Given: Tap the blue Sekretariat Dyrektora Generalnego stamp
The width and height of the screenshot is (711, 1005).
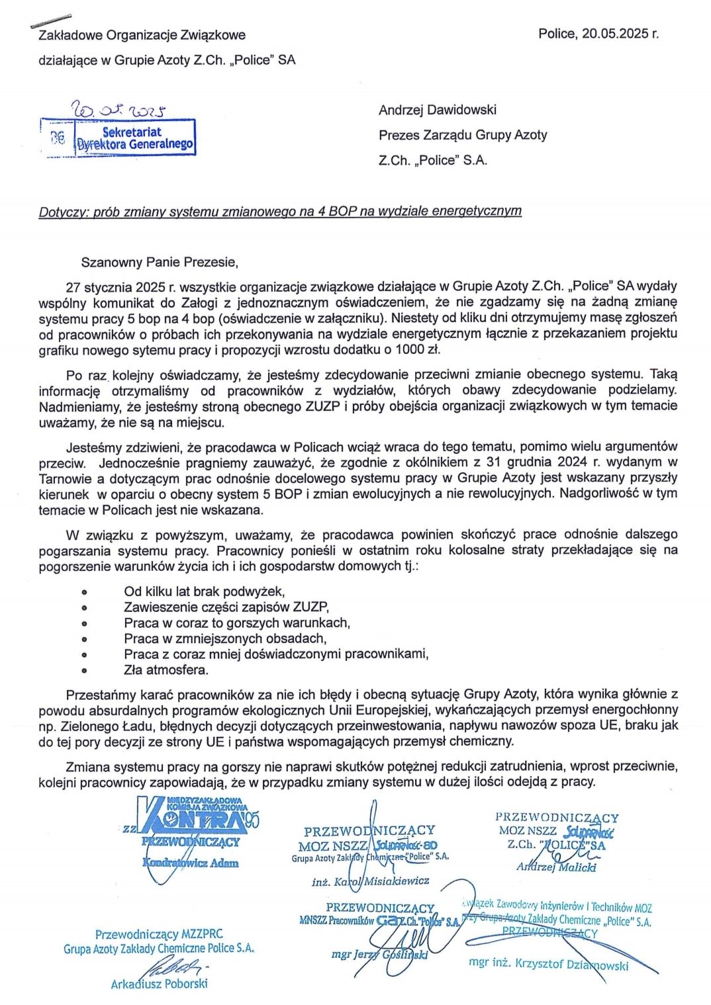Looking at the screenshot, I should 136,138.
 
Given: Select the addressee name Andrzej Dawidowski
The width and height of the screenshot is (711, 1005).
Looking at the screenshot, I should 437,110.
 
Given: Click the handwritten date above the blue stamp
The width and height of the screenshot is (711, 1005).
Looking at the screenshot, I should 121,109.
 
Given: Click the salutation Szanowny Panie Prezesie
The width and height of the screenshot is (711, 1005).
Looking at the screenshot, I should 159,262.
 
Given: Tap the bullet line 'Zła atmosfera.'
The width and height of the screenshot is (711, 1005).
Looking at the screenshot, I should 166,670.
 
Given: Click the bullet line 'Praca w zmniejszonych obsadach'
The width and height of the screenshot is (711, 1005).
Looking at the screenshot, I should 224,638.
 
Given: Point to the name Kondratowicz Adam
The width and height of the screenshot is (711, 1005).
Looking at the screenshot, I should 191,863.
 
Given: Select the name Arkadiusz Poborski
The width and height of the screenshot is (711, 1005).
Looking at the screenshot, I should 159,984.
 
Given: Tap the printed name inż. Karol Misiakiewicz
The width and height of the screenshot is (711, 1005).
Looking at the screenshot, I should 370,881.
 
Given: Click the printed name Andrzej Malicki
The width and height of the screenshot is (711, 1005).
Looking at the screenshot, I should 556,867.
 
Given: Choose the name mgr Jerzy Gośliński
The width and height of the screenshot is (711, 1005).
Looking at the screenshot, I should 379,954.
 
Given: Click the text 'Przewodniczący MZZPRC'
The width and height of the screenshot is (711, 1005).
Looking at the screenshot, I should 159,934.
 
